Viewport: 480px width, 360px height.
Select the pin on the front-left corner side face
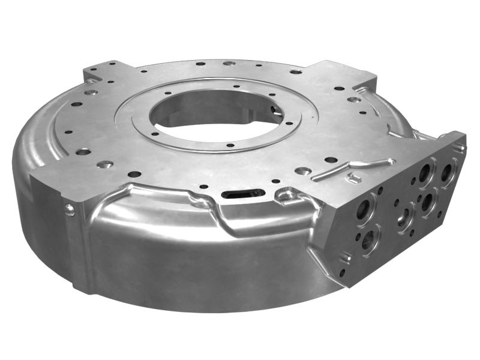(70, 209)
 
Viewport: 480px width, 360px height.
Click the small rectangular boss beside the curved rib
(353, 179)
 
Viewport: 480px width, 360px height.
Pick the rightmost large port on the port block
(447, 173)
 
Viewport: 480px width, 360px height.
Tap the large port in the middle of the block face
(405, 216)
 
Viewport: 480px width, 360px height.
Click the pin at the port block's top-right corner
(460, 145)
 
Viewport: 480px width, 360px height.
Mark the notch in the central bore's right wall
(275, 110)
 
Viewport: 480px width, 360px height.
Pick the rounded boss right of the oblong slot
(287, 193)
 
